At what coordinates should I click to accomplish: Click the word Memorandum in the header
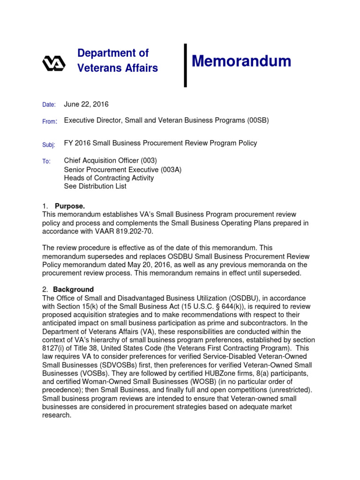(241, 61)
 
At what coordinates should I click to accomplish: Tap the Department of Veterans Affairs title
(117, 60)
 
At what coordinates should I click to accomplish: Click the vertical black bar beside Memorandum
(185, 65)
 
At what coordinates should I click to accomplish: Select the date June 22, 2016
(86, 104)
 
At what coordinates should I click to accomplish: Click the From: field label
(49, 121)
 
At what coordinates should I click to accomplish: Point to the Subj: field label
(48, 145)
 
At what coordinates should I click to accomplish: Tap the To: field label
(46, 161)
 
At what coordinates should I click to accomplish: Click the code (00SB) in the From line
(258, 120)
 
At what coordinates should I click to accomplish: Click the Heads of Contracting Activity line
(109, 178)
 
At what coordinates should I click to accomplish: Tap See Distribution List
(95, 186)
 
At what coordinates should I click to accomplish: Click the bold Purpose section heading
(70, 206)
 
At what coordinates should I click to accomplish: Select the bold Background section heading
(73, 289)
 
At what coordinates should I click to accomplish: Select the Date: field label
(49, 105)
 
